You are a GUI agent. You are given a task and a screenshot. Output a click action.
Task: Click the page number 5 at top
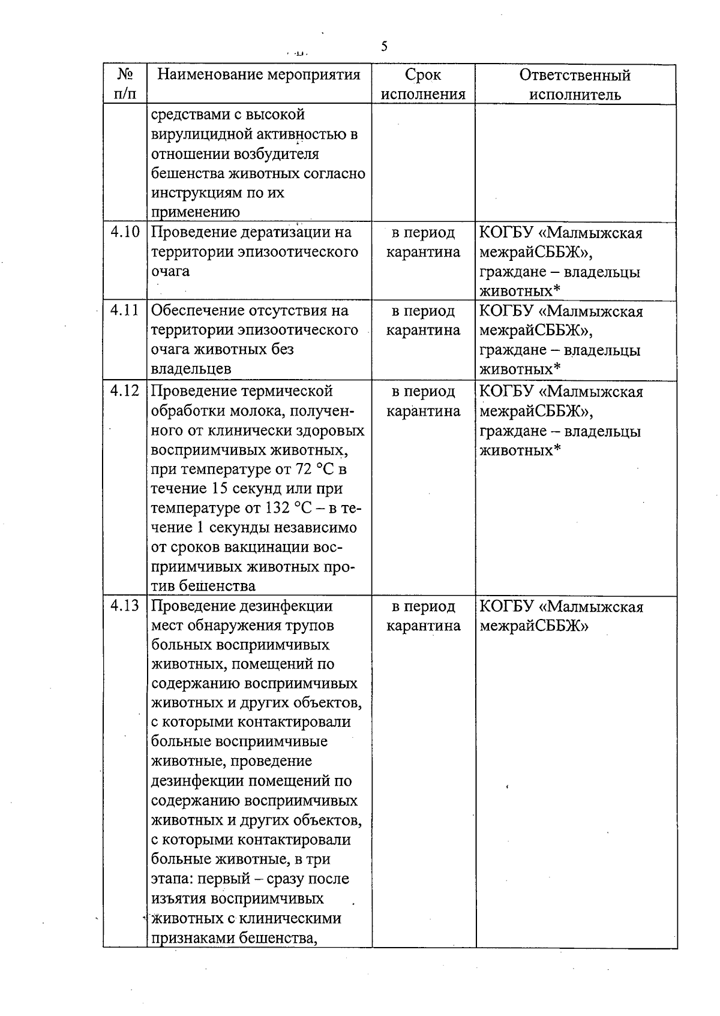384,47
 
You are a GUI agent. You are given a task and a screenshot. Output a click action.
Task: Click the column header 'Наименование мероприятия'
259,75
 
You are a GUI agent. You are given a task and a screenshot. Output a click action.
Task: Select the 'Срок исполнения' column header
423,85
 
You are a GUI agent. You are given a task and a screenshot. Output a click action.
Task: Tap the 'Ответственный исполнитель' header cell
575,85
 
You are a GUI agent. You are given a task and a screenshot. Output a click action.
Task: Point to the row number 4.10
125,232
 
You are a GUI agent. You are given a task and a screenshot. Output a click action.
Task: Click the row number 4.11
125,311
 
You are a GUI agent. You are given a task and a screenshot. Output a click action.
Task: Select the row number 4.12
125,391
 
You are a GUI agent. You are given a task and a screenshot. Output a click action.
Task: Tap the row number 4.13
125,606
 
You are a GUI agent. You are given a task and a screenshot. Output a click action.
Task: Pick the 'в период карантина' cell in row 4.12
423,401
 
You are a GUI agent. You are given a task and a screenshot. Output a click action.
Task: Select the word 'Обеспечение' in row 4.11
193,311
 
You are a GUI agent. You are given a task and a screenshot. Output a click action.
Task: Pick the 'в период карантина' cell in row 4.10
423,242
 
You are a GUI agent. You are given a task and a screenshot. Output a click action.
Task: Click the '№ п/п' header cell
125,85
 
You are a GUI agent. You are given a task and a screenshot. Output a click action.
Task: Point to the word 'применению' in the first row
195,212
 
